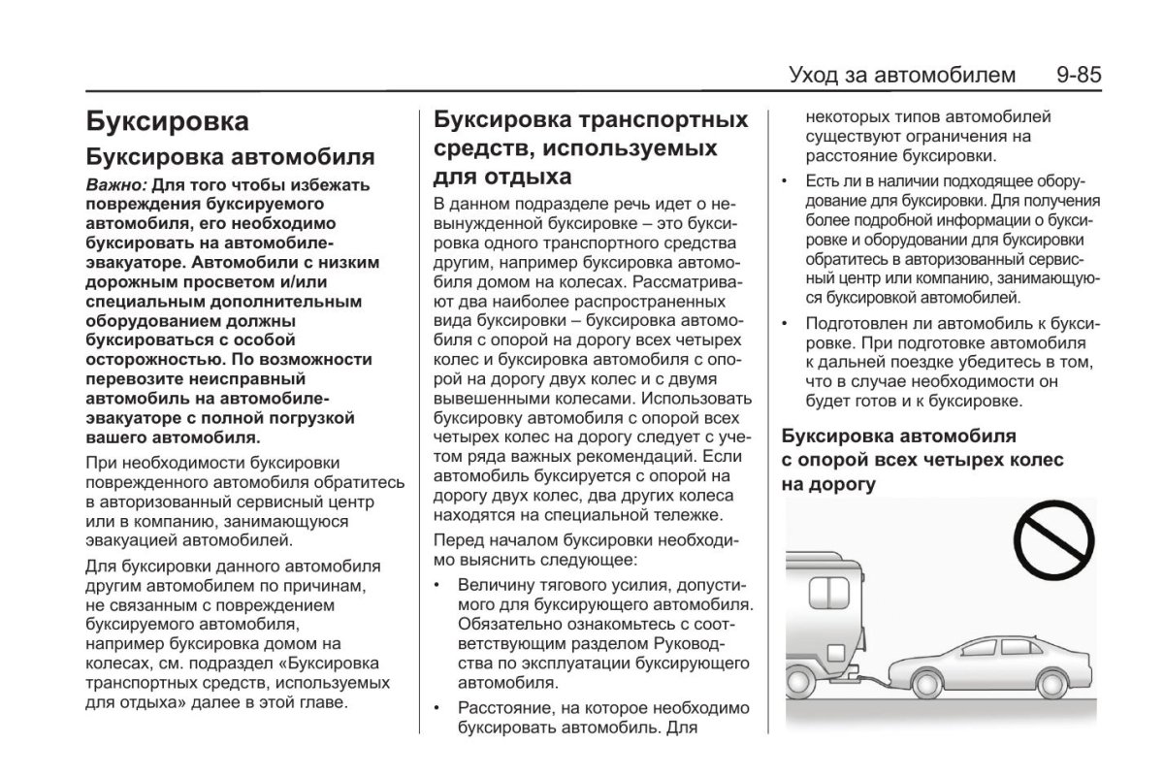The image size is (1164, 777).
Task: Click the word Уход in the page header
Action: click(819, 75)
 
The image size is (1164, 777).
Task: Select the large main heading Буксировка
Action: click(167, 121)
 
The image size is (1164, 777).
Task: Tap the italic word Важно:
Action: click(115, 184)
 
